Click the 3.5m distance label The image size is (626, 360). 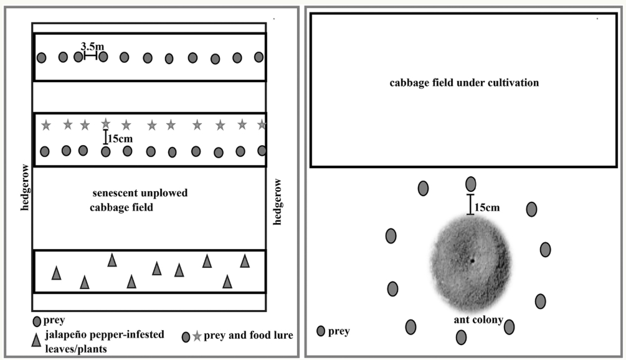tap(92, 45)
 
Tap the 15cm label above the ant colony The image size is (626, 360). tap(486, 207)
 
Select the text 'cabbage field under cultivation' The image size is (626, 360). tap(464, 82)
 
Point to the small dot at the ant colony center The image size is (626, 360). tap(472, 260)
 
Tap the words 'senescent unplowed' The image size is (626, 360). tap(140, 193)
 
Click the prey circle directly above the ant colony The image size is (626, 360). tap(471, 184)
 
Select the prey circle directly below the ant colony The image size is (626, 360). tap(462, 337)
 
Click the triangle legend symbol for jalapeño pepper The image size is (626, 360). tap(37, 339)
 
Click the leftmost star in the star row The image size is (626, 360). tap(45, 126)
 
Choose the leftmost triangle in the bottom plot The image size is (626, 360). tap(56, 273)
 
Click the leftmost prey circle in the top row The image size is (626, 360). tap(41, 58)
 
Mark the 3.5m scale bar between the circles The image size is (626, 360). tap(90, 56)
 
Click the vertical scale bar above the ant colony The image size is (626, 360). tap(470, 204)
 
